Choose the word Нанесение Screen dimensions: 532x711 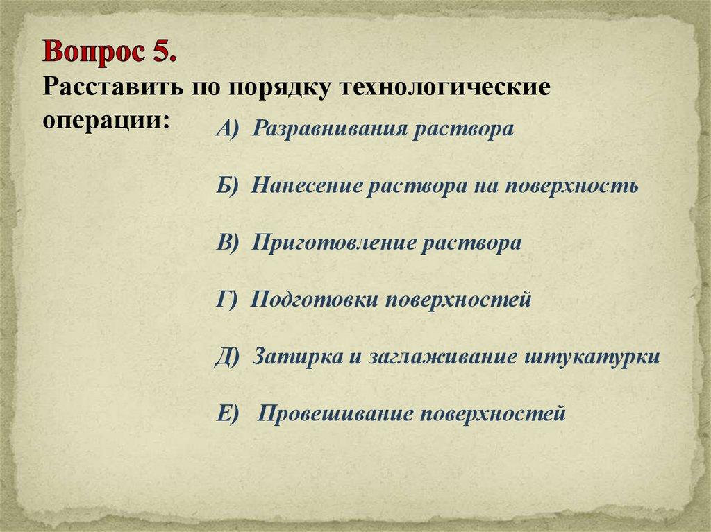(x=306, y=187)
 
